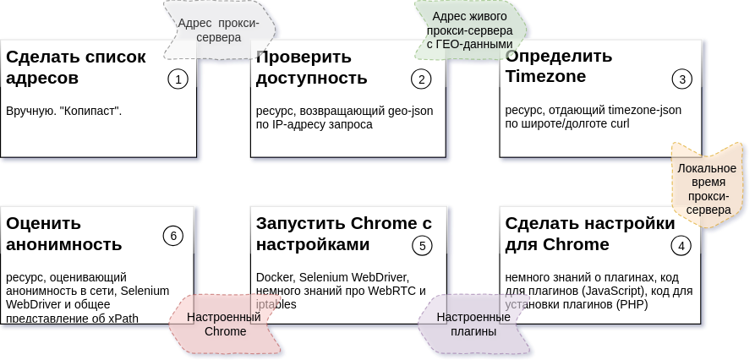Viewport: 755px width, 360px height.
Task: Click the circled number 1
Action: (x=178, y=79)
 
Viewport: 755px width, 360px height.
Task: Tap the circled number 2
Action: (x=421, y=79)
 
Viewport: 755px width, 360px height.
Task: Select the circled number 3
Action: (x=681, y=79)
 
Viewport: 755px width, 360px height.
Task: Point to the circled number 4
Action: (x=681, y=246)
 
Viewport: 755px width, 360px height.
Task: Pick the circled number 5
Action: (x=421, y=246)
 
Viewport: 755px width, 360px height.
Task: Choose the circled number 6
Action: (x=173, y=236)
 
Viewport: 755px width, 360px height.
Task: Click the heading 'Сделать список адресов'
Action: (x=76, y=68)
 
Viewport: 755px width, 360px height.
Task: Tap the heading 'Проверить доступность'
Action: (x=311, y=68)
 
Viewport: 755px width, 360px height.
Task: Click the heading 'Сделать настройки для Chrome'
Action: (x=589, y=234)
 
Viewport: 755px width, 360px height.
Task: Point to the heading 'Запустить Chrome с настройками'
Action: (x=343, y=234)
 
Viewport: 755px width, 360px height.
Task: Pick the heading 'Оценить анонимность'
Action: (x=64, y=234)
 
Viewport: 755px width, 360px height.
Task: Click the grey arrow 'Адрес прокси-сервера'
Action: (x=218, y=30)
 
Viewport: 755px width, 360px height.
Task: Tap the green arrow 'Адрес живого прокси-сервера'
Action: (x=469, y=30)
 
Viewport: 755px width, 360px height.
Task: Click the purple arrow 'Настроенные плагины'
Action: (x=473, y=325)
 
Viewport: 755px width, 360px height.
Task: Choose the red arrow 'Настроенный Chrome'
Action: (x=225, y=325)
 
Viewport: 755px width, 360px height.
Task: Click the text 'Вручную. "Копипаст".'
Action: (x=64, y=111)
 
